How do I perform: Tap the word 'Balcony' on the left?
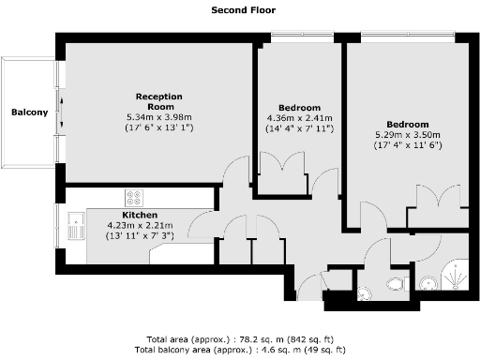point(29,113)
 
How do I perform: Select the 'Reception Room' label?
point(158,101)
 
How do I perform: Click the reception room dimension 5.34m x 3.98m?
point(158,116)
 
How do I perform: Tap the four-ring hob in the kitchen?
point(134,198)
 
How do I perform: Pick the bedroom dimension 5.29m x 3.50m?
point(408,135)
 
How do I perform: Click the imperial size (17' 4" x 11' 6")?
point(408,145)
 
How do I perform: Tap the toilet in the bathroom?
point(396,284)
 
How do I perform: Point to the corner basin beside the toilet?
point(364,293)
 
